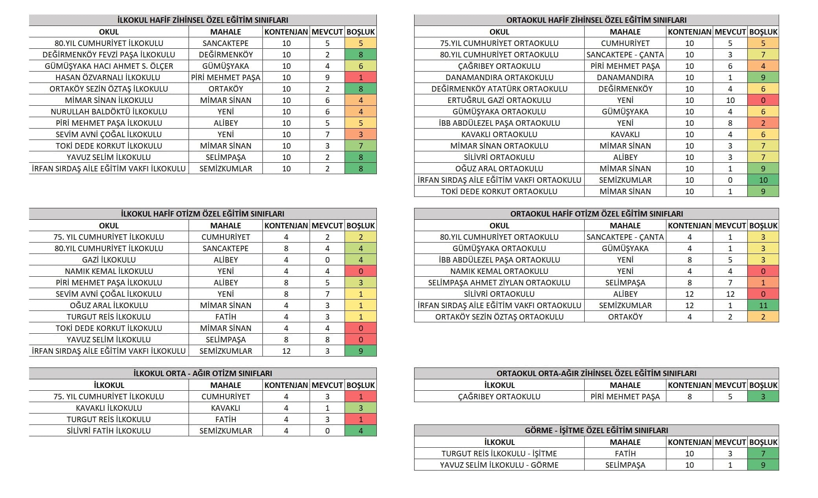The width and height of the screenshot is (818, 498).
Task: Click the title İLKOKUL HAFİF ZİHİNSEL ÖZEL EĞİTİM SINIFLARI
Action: pyautogui.click(x=202, y=20)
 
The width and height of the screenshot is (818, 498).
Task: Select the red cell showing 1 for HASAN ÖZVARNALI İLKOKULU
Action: pyautogui.click(x=360, y=77)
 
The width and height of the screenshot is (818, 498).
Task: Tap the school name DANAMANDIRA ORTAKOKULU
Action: pyautogui.click(x=499, y=77)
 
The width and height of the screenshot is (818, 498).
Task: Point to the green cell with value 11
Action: pyautogui.click(x=763, y=305)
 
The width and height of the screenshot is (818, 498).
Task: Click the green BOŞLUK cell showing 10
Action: pyautogui.click(x=763, y=180)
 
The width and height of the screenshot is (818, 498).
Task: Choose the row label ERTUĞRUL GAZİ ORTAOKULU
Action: pyautogui.click(x=499, y=100)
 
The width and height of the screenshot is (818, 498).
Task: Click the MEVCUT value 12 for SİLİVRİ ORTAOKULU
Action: pyautogui.click(x=730, y=294)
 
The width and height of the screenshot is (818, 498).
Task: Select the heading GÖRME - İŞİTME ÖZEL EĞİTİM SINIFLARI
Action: pyautogui.click(x=596, y=430)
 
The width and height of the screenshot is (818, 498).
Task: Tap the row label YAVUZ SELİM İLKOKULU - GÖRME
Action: pyautogui.click(x=499, y=465)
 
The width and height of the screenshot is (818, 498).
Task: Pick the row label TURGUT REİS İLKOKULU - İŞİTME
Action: pyautogui.click(x=499, y=454)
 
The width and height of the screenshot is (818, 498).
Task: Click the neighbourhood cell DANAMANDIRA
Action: pyautogui.click(x=625, y=77)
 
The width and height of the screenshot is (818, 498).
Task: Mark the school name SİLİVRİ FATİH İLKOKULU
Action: pyautogui.click(x=108, y=431)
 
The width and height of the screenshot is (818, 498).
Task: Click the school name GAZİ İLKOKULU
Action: pyautogui.click(x=108, y=260)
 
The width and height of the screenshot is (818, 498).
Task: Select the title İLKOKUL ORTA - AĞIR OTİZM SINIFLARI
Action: pyautogui.click(x=202, y=373)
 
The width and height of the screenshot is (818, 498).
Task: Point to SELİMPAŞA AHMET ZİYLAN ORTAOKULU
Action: pyautogui.click(x=499, y=283)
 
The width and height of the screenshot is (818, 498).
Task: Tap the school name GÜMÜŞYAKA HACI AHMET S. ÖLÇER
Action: pyautogui.click(x=108, y=66)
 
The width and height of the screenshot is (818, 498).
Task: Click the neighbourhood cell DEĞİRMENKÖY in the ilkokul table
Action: pyautogui.click(x=226, y=55)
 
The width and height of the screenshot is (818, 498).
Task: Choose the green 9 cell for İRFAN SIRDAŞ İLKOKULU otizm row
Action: pyautogui.click(x=360, y=351)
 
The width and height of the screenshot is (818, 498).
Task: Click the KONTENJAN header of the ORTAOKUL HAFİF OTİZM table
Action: pyautogui.click(x=689, y=226)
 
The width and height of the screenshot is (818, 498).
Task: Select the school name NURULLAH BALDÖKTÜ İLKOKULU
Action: pyautogui.click(x=108, y=112)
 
